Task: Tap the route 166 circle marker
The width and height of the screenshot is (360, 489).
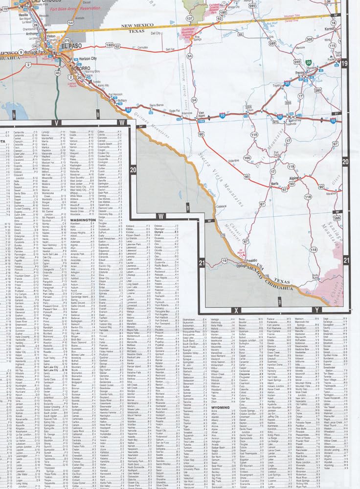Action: (x=247, y=157)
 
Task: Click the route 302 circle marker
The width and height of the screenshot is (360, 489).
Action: (x=309, y=39)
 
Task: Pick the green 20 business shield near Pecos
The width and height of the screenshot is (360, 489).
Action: (x=309, y=63)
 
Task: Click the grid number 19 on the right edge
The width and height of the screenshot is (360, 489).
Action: (x=344, y=63)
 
